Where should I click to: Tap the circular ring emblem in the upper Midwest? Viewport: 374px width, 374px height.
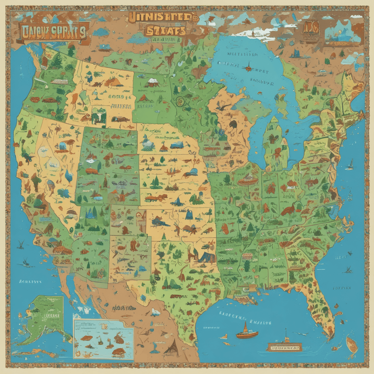(x=180, y=101)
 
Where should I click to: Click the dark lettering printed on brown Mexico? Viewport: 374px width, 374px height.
(x=124, y=308)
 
